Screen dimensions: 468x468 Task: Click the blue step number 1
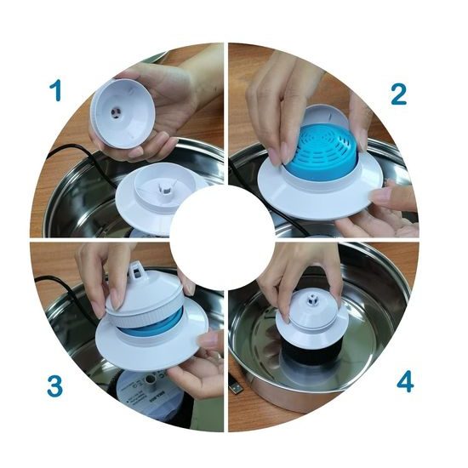point(57,90)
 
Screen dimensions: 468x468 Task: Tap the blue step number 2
point(399,94)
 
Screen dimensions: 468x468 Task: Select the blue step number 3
point(56,386)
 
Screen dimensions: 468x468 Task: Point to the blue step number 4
point(405,383)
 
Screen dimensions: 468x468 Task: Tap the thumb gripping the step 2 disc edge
point(392,196)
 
